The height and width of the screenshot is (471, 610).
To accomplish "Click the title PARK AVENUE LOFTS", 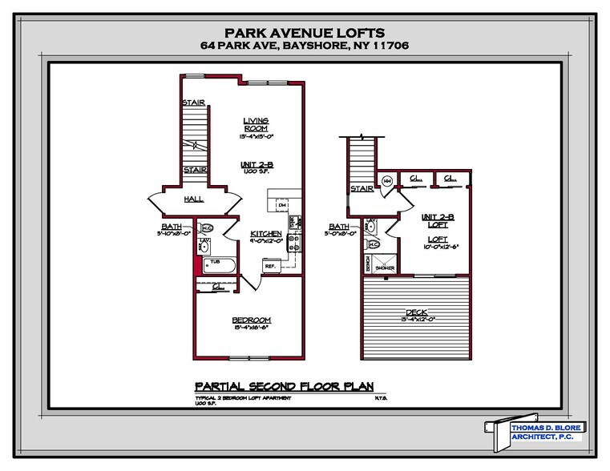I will point(305,33).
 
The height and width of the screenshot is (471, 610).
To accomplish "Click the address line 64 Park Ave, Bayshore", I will point(305,46).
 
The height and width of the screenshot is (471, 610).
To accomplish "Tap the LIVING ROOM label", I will point(256,125).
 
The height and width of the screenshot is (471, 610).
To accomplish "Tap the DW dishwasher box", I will point(282,206).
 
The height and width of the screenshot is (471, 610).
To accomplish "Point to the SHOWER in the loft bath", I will point(383,264).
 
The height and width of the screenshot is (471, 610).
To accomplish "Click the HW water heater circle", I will point(386,181).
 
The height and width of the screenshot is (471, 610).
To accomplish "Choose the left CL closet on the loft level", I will point(416,178).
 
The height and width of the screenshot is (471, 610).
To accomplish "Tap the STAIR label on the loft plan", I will point(362,189).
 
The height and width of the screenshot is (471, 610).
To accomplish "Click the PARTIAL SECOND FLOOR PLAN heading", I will point(285,385).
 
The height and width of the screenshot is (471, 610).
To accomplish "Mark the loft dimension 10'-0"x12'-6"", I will point(438,246).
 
